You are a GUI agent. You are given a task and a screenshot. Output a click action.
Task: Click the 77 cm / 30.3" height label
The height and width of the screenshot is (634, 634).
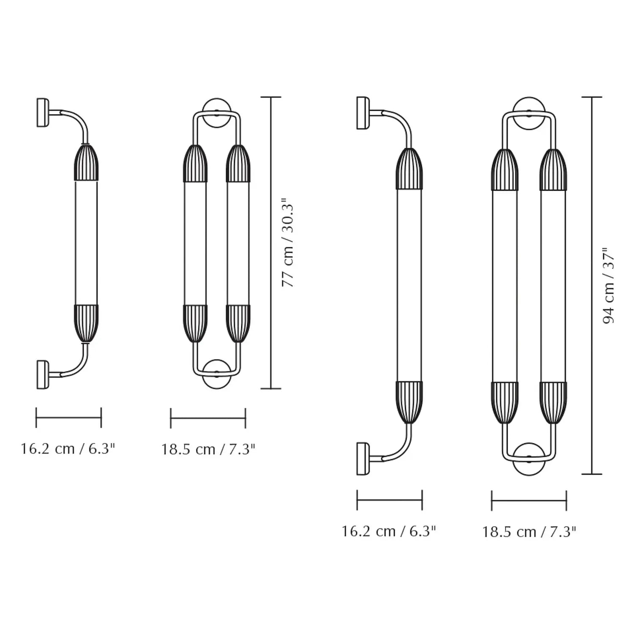pos(288,243)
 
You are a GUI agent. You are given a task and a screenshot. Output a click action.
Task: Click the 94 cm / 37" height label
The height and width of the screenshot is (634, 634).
pos(609,286)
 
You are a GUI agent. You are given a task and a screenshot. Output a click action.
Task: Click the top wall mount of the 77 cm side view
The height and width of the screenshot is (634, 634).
pos(43,112)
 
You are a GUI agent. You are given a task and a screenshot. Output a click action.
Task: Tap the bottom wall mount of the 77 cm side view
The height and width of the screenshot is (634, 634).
pos(43,374)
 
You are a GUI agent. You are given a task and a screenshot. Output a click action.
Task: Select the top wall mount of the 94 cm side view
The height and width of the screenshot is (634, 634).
pos(363,113)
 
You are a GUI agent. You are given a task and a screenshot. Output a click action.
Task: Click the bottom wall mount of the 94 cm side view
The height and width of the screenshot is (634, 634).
pos(363,459)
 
